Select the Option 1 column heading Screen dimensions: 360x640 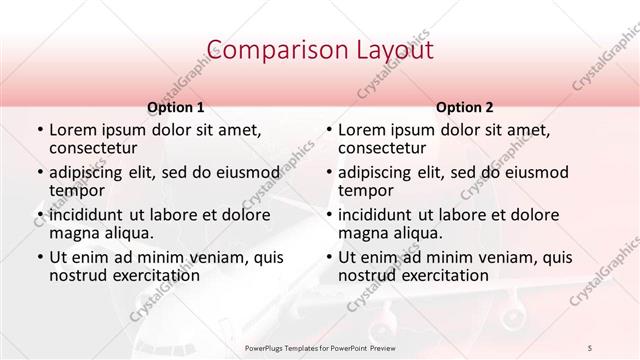click(x=175, y=107)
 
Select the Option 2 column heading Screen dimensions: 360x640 click(x=464, y=107)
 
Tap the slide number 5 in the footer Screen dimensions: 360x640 click(x=590, y=347)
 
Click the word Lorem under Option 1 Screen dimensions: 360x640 click(x=72, y=130)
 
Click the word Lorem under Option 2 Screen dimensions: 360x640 click(x=361, y=130)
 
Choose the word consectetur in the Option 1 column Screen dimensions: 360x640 click(x=92, y=148)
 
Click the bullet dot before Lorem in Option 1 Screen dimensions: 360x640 click(x=39, y=131)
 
